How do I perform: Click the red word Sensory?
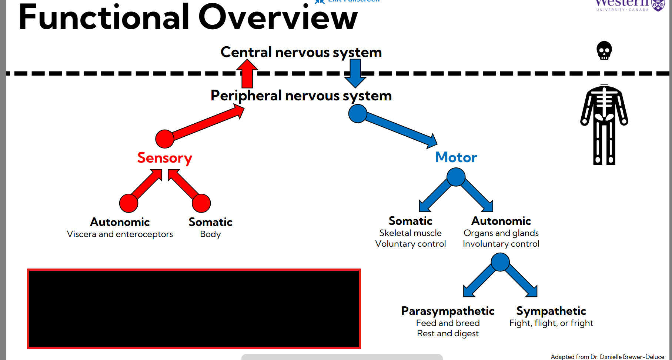click(x=165, y=158)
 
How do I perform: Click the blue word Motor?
click(x=456, y=157)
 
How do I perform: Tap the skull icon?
click(x=604, y=50)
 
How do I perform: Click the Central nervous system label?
click(x=301, y=52)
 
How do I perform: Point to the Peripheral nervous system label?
click(x=301, y=96)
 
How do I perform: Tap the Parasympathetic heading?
click(x=448, y=311)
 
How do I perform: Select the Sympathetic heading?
click(x=551, y=311)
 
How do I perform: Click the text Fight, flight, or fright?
click(x=551, y=323)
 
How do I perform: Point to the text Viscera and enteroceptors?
click(x=120, y=234)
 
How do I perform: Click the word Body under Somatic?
click(x=210, y=234)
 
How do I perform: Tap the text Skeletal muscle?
click(x=410, y=233)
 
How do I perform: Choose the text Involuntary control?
click(x=501, y=244)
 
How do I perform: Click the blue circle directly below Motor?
click(x=456, y=177)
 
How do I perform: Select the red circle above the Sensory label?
click(x=165, y=139)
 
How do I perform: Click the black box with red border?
click(x=194, y=309)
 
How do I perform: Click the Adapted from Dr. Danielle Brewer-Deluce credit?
click(x=607, y=357)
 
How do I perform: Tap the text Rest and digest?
click(x=448, y=333)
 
